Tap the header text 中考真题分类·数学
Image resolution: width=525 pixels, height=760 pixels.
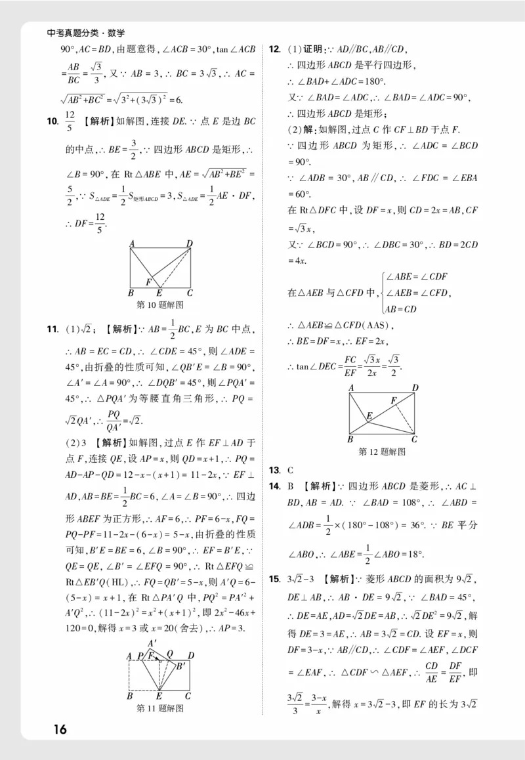pyautogui.click(x=86, y=33)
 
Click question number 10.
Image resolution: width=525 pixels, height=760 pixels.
pyautogui.click(x=52, y=121)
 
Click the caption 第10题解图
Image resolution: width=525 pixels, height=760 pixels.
pyautogui.click(x=159, y=305)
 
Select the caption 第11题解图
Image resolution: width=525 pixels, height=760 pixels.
pyautogui.click(x=159, y=708)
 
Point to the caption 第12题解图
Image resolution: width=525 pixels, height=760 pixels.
pyautogui.click(x=382, y=452)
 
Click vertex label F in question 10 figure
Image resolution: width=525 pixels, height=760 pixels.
pyautogui.click(x=149, y=282)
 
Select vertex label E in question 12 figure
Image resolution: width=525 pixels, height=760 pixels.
pyautogui.click(x=369, y=415)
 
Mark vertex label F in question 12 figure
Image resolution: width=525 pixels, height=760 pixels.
pyautogui.click(x=393, y=400)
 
